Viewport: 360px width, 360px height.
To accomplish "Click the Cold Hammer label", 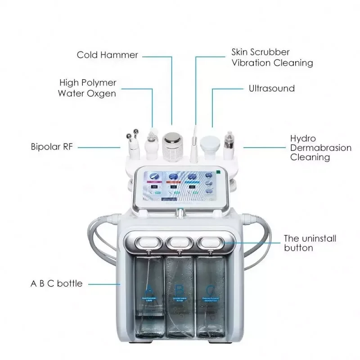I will pos(107,55).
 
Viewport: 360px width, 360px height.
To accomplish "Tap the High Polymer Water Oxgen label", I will pos(87,88).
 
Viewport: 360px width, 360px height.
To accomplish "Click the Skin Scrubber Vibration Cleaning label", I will pos(272,58).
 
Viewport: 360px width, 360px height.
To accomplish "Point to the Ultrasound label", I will pos(272,88).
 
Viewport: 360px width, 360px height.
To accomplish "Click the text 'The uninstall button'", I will pos(310,243).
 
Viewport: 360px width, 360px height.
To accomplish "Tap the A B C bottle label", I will pos(56,283).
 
